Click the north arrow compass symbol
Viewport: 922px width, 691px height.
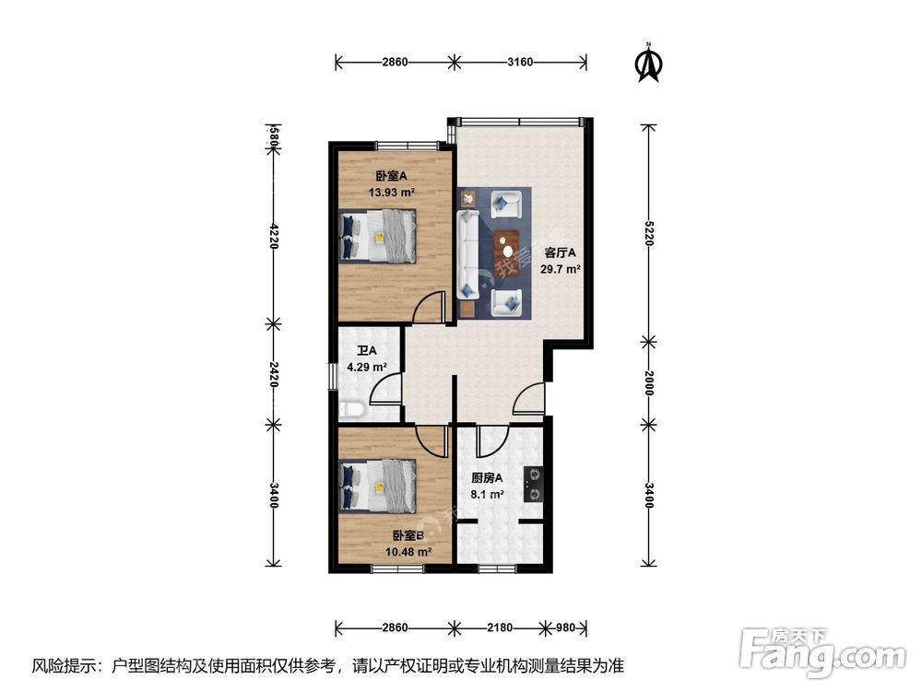650,62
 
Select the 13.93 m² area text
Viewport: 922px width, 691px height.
391,193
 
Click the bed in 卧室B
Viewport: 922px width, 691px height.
378,486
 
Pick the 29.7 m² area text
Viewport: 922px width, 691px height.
560,269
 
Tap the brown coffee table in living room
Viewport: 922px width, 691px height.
506,246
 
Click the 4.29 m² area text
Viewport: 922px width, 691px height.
366,367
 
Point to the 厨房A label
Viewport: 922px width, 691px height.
486,478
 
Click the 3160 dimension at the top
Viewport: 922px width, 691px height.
521,63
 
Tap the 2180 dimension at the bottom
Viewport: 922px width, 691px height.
499,628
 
